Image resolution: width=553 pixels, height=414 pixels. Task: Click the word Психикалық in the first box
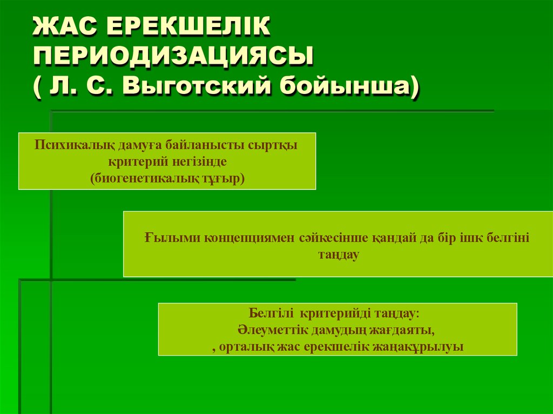coord(68,146)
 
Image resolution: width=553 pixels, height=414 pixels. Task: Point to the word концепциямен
coord(247,238)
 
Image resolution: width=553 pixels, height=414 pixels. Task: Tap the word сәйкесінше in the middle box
coord(329,238)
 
